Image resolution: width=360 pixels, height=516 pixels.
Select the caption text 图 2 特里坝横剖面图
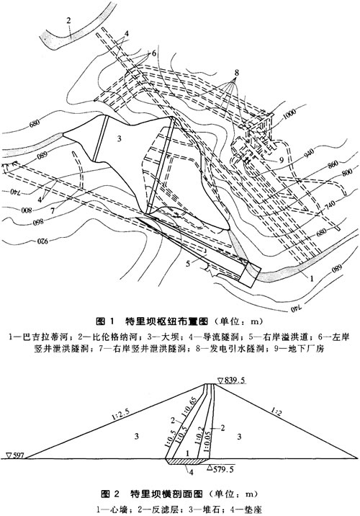click(x=179, y=494)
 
